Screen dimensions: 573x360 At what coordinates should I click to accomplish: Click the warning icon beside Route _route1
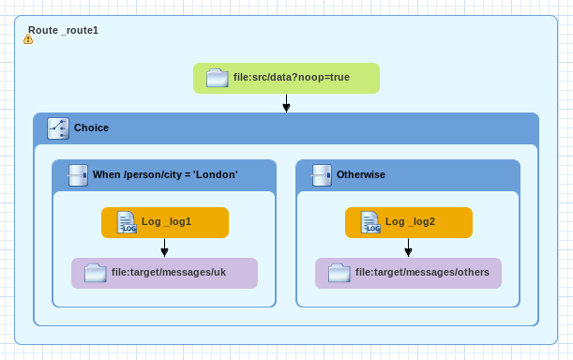[28, 39]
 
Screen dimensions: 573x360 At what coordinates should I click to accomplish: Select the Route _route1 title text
[63, 30]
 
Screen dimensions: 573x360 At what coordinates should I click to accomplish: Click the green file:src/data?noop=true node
[287, 78]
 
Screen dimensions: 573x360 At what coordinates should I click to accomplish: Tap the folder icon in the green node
[218, 78]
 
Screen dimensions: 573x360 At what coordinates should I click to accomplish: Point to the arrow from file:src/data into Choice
[287, 103]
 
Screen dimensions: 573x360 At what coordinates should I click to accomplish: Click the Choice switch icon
[58, 128]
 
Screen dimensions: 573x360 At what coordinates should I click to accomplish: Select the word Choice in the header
[91, 127]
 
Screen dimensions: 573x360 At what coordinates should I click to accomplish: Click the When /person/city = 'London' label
[165, 174]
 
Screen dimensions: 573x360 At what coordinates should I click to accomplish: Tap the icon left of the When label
[77, 175]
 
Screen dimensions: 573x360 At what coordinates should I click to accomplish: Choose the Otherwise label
[361, 174]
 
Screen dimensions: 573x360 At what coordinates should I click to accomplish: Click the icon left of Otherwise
[322, 175]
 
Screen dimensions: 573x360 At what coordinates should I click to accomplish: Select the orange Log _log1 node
[165, 222]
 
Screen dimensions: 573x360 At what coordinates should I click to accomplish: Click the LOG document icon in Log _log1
[127, 222]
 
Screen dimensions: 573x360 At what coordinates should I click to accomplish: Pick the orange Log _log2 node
[409, 222]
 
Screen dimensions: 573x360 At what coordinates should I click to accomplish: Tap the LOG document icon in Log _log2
[370, 222]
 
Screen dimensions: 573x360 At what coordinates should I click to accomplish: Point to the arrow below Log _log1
[164, 247]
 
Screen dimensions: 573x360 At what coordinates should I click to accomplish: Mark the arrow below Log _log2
[408, 247]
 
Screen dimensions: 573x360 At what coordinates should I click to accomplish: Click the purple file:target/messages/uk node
[164, 274]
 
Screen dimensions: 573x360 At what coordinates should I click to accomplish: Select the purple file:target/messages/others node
[408, 274]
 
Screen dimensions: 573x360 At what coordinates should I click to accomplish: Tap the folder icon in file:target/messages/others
[339, 273]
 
